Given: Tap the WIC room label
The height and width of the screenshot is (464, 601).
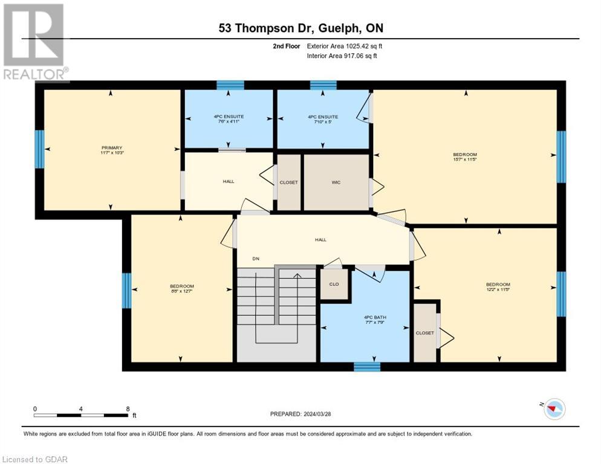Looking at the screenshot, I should pos(336,182).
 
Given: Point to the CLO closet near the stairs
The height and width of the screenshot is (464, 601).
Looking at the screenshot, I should pos(334,285).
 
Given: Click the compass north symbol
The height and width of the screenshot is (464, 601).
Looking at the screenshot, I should pos(553,409).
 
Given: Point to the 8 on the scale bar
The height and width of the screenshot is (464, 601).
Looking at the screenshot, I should pos(128,409).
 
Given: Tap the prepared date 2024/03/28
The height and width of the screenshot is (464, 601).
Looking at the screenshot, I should pos(300,414).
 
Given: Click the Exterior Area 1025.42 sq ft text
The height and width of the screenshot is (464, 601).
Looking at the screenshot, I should pos(345,46).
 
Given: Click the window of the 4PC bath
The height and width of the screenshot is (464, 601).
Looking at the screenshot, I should pos(366,366).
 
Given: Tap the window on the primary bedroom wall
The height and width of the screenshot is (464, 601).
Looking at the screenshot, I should pos(39,149).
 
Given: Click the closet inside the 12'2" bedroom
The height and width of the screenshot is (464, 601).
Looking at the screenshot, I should pos(425,332).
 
